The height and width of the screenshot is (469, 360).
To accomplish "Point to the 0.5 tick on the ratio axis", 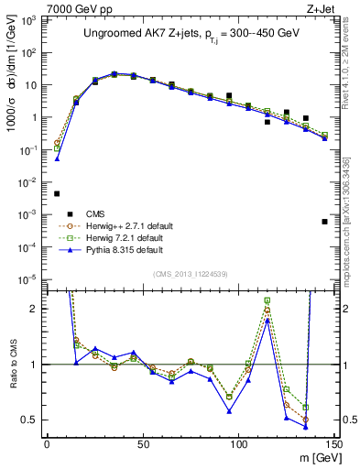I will tap(31, 420).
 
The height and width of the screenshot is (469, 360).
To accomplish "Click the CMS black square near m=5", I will tap(57, 193).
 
